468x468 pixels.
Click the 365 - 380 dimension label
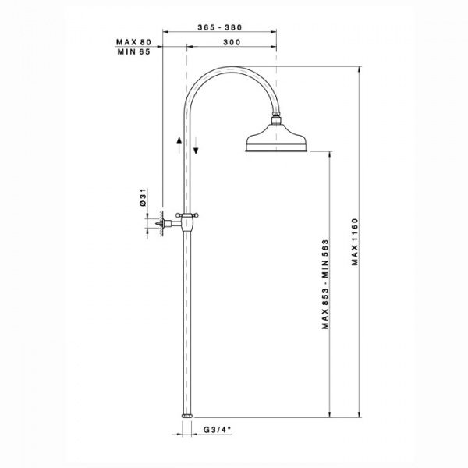[x=220, y=27]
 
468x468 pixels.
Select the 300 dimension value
[x=232, y=42]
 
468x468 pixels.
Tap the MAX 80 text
[x=133, y=42]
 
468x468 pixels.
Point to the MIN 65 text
[x=133, y=52]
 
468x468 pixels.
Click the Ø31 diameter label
[x=143, y=197]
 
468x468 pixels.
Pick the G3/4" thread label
[x=218, y=430]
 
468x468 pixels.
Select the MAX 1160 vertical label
[x=354, y=242]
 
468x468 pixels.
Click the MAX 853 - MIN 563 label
[x=325, y=284]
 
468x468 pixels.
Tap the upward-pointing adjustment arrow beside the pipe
[x=179, y=145]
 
